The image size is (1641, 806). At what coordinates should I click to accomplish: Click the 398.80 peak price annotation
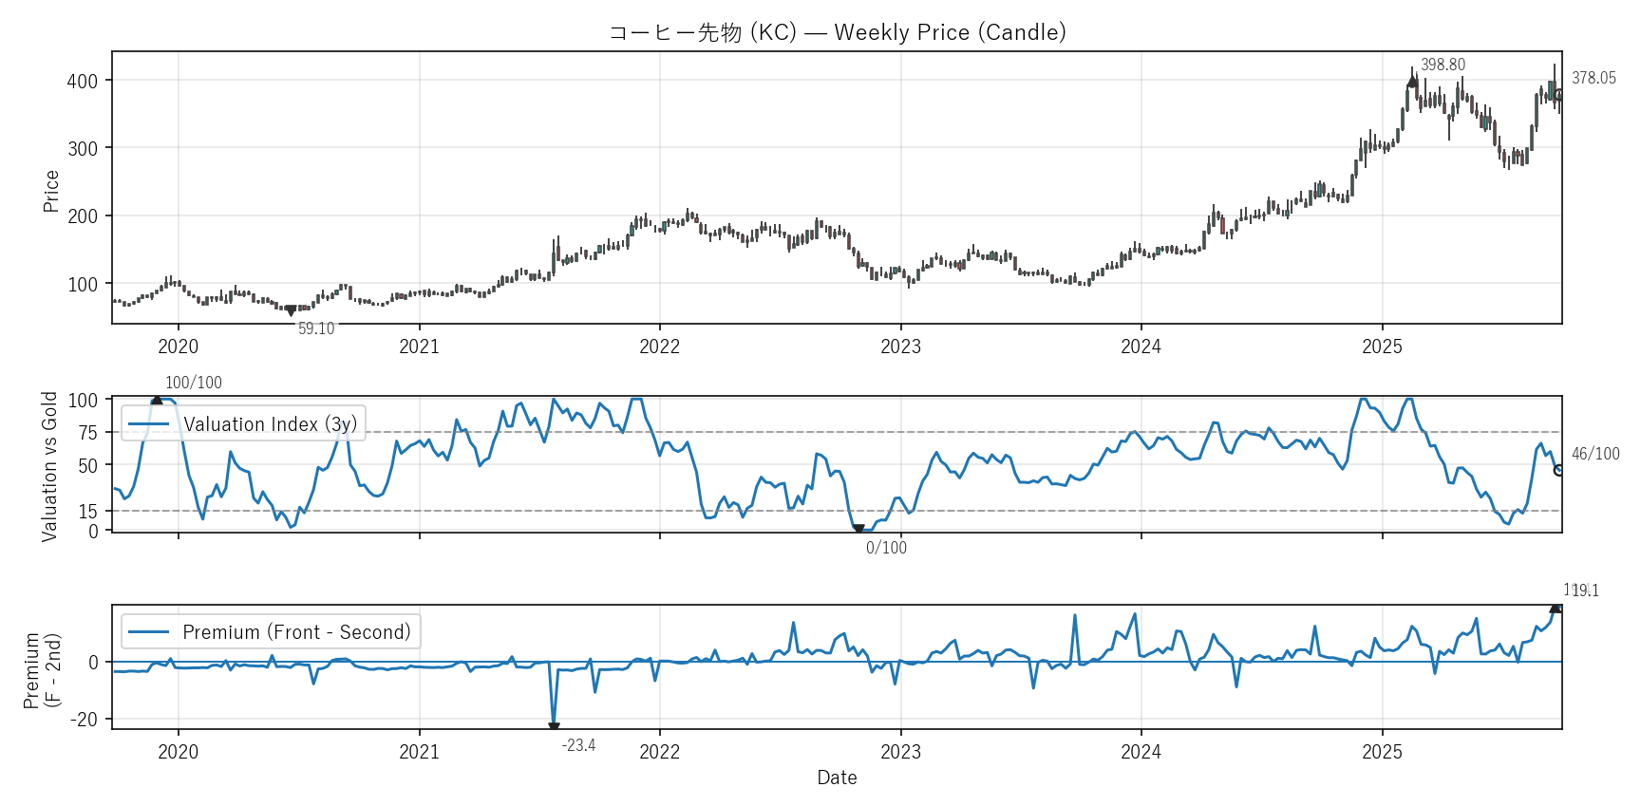pos(1443,65)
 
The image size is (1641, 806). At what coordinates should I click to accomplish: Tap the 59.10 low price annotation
pos(316,328)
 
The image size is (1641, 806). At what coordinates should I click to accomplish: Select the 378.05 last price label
pos(1594,78)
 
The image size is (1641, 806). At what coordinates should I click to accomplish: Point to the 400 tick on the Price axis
pos(83,81)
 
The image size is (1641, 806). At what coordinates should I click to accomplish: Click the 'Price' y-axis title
pos(51,191)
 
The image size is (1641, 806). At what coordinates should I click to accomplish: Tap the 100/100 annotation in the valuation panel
pos(194,383)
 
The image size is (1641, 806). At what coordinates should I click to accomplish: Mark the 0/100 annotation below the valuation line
pos(886,548)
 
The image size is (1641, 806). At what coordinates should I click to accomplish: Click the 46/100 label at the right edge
pos(1595,454)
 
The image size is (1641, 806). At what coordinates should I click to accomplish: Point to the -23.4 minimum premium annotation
pos(578,745)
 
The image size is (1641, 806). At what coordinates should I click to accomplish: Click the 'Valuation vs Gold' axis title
pos(49,466)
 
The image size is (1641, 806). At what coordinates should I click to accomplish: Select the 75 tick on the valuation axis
pos(88,433)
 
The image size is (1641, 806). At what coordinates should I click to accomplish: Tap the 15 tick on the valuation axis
pos(88,512)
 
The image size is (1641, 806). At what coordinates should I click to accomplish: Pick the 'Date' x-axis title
pos(837,778)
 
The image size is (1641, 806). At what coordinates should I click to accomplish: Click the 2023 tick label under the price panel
pos(900,347)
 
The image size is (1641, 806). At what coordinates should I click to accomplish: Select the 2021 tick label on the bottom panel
pos(419,752)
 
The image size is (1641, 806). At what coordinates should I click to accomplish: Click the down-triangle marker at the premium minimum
pos(554,728)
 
